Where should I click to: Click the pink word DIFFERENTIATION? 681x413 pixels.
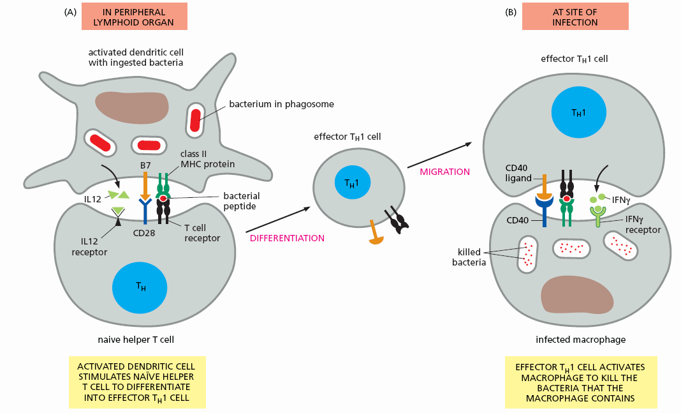(x=288, y=238)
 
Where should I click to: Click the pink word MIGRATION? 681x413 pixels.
(x=444, y=172)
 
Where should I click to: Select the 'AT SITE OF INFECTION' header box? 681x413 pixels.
(x=575, y=16)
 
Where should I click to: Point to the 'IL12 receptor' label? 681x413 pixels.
(x=89, y=247)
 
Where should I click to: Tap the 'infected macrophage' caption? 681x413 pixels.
(x=578, y=340)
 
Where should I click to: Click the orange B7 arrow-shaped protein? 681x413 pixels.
(x=145, y=185)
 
